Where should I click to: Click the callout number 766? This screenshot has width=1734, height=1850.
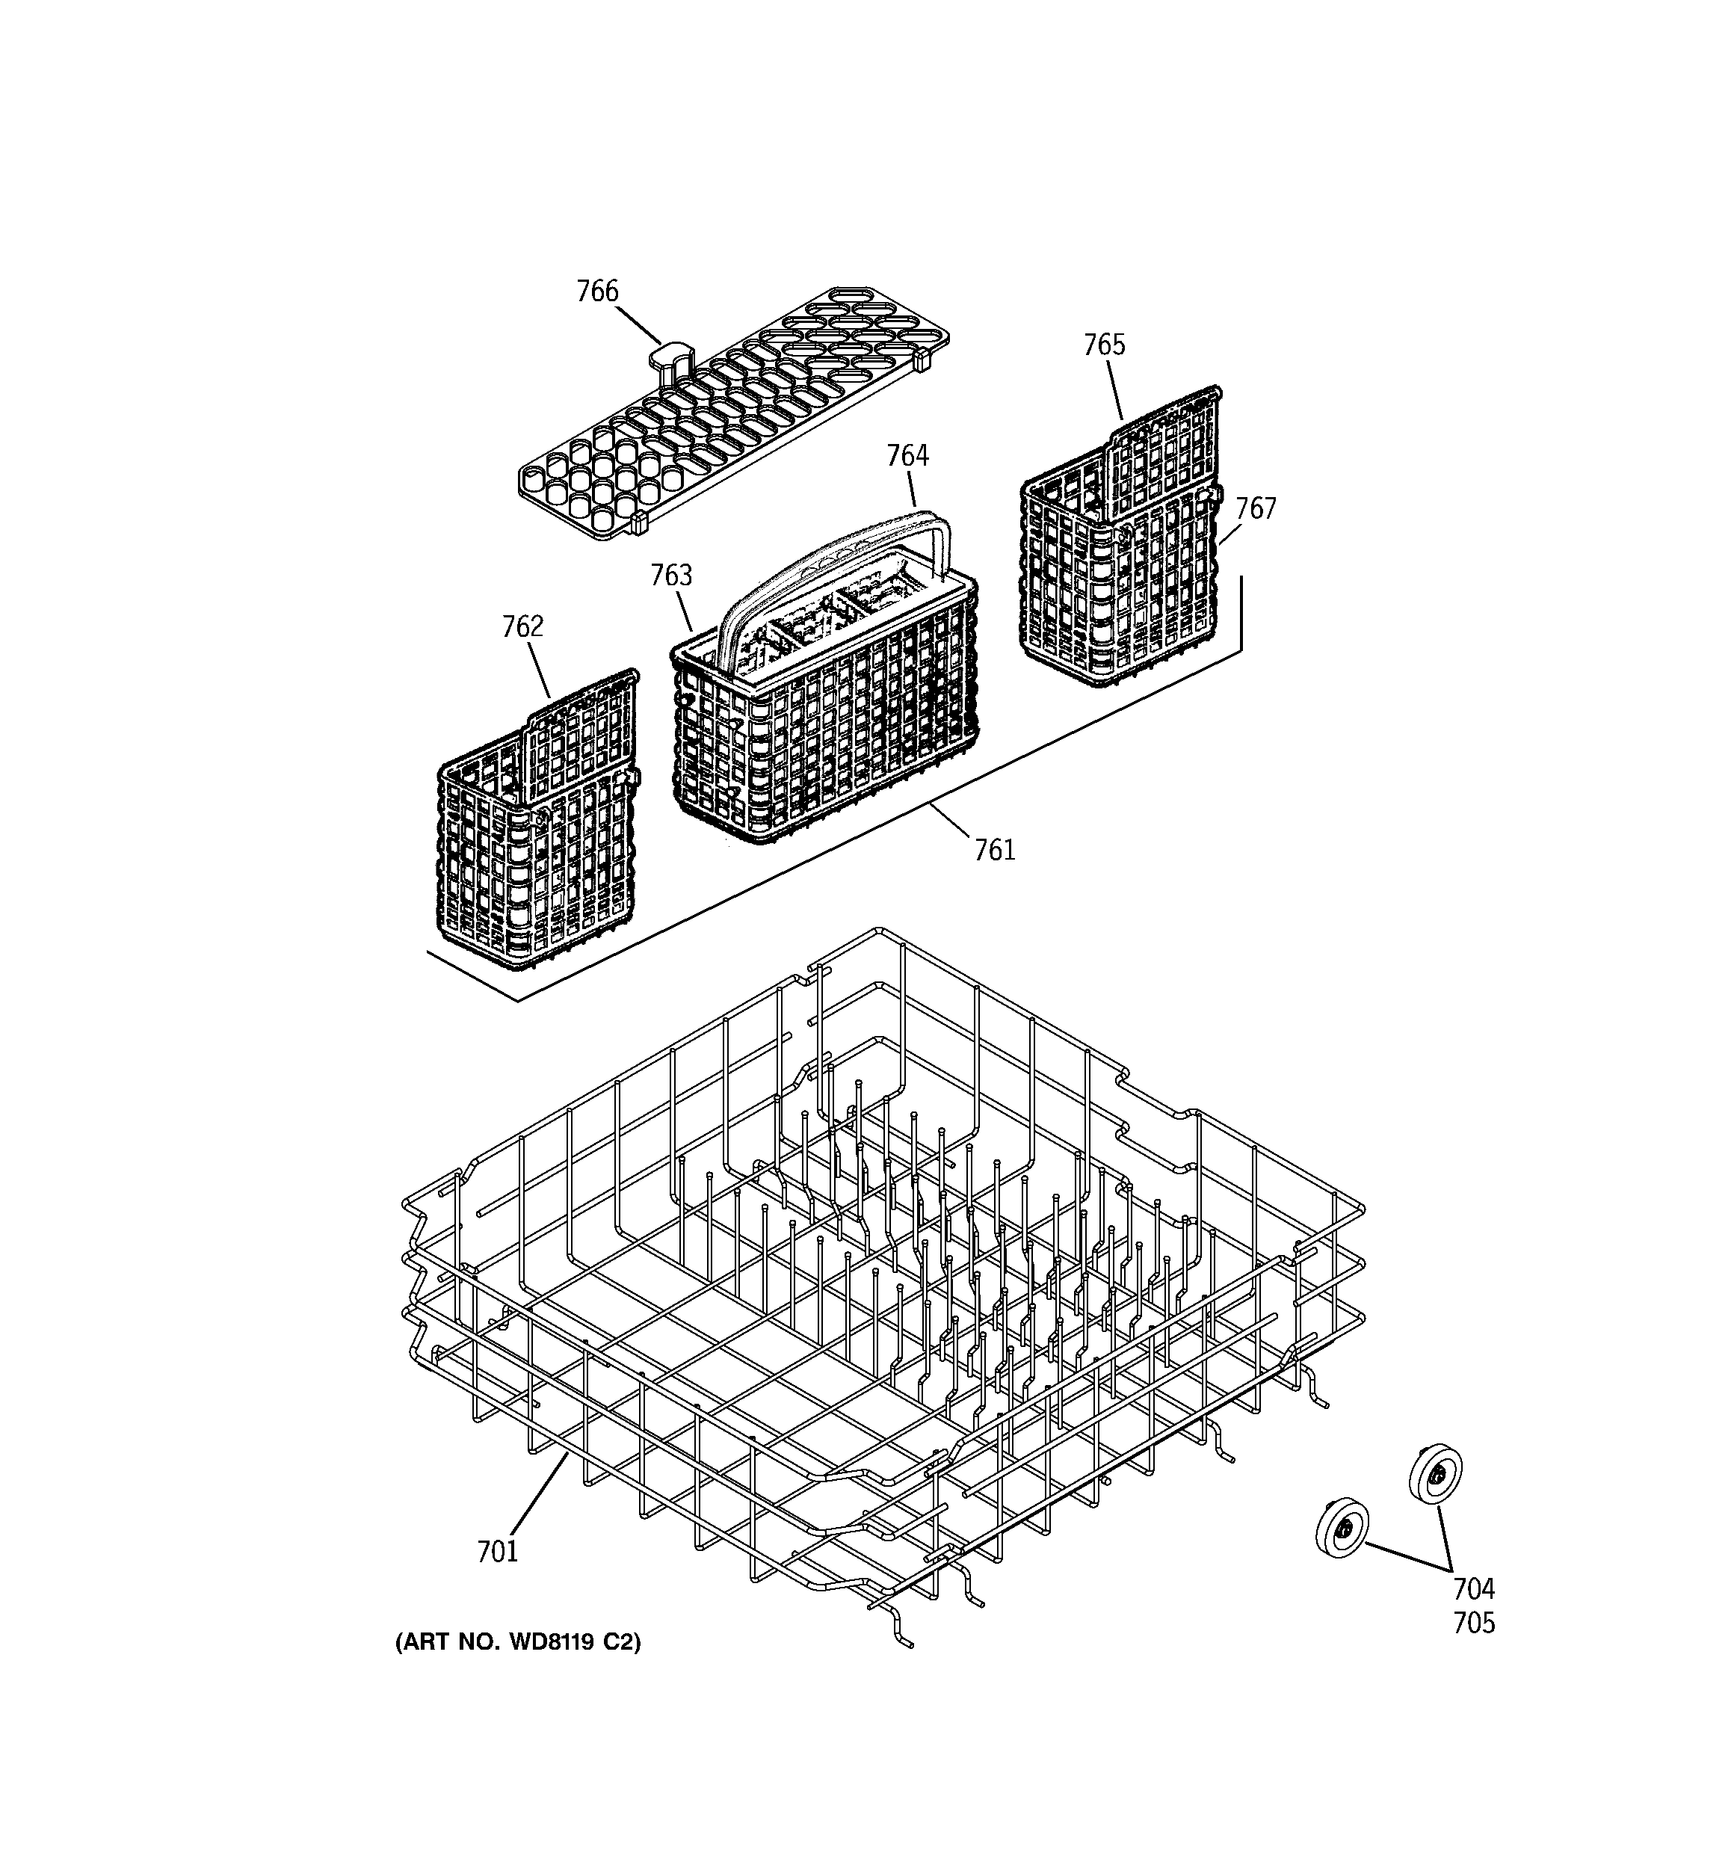[596, 292]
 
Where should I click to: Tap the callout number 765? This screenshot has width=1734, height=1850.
[1104, 345]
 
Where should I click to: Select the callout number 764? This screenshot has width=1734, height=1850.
[907, 455]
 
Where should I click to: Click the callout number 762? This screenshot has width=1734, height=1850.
[522, 626]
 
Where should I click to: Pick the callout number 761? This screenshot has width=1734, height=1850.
[994, 850]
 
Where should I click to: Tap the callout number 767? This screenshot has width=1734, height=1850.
[1256, 508]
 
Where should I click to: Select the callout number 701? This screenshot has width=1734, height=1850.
[497, 1551]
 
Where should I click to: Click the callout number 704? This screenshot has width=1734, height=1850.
[1473, 1588]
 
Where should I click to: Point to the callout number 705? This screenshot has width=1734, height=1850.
[1473, 1623]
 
